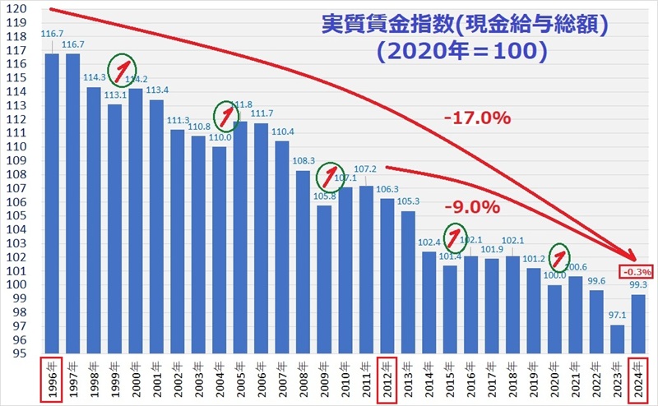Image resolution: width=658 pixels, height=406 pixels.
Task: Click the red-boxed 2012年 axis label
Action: pos(387,379)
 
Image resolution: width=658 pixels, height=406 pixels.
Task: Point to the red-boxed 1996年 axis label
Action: pos(52,379)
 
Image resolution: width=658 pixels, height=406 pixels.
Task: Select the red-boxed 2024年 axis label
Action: pos(637,379)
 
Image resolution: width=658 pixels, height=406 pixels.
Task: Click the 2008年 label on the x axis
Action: pos(303,379)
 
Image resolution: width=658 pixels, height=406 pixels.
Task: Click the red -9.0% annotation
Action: pos(471,206)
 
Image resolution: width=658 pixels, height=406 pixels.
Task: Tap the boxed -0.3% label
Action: pos(635,270)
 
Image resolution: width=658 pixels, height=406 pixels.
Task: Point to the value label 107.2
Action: pos(366,168)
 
